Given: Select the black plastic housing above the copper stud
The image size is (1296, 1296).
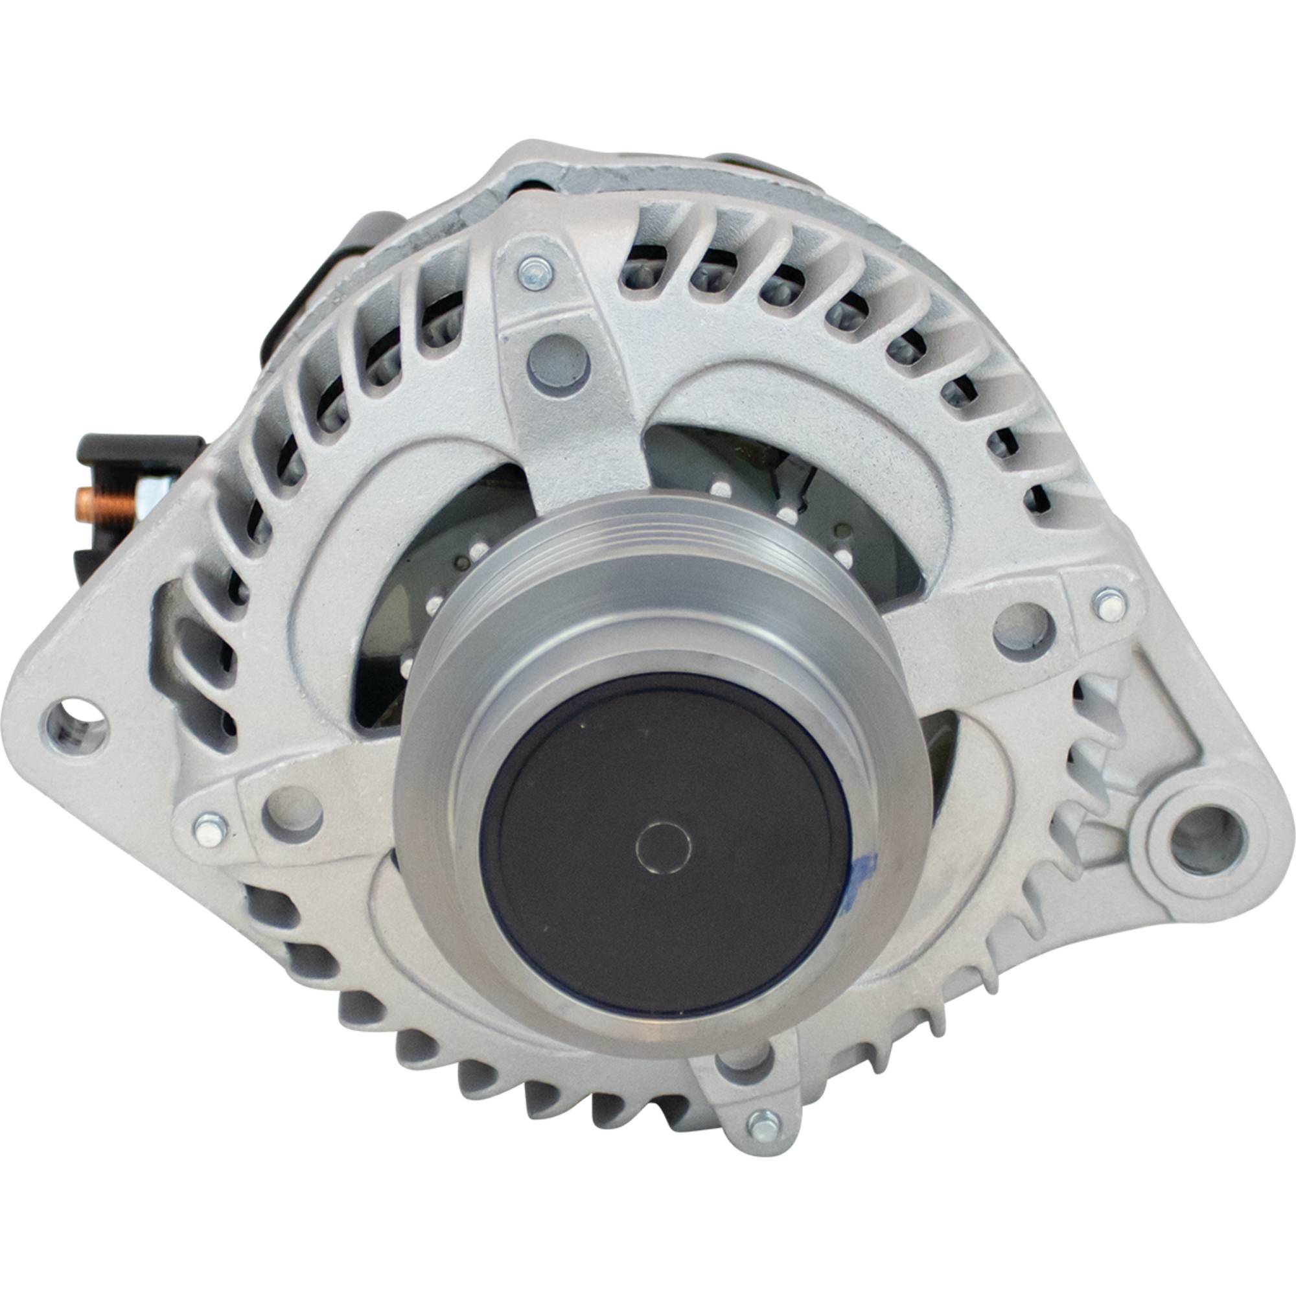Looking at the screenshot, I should [137, 451].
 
